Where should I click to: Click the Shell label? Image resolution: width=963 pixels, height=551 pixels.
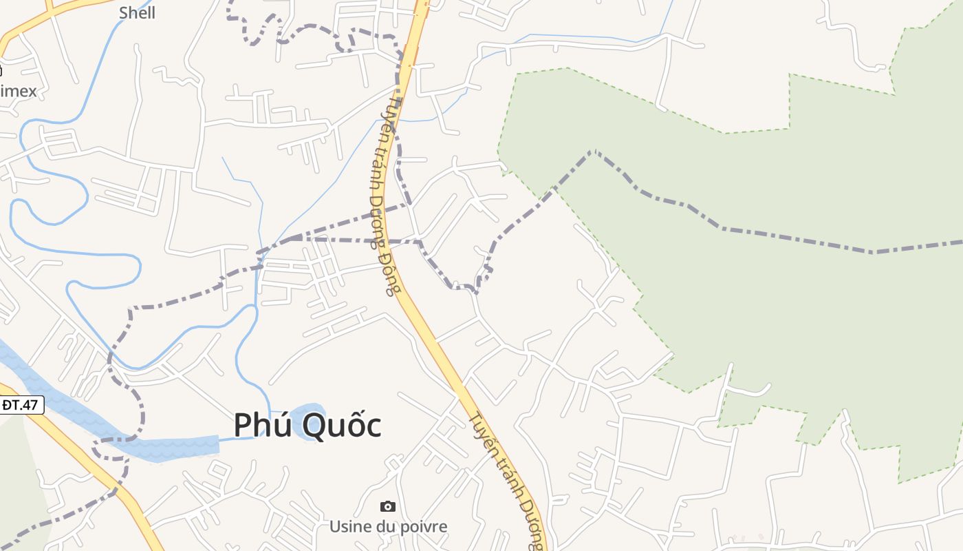(137, 12)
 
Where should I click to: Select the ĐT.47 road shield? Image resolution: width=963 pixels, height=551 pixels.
(21, 405)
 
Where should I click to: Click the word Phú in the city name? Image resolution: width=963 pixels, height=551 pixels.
(263, 425)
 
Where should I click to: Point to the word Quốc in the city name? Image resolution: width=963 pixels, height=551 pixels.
(342, 425)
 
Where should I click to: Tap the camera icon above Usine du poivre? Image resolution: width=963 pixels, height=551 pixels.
(388, 507)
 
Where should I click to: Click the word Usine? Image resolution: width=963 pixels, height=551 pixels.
(349, 527)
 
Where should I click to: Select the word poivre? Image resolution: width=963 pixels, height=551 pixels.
(423, 527)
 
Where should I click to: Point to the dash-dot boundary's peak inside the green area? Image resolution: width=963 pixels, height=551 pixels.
(593, 152)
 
